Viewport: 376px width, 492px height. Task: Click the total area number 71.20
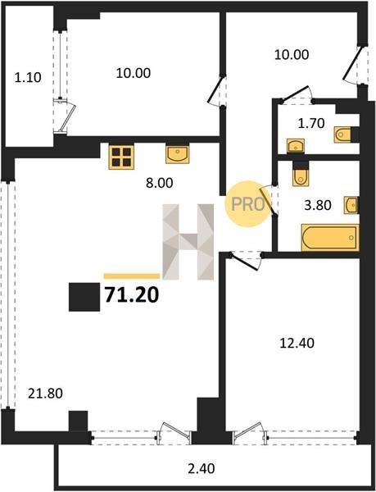point(132,295)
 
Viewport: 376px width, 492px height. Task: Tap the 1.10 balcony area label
point(28,78)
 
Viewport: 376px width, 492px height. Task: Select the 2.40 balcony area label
point(202,468)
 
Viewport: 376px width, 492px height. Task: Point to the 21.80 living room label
point(45,393)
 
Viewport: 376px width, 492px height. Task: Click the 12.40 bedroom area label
point(297,343)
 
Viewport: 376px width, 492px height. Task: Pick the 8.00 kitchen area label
point(160,183)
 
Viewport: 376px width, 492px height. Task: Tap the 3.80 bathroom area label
point(318,205)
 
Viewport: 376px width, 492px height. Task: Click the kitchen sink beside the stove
point(178,154)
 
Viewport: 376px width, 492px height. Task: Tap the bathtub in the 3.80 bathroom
point(330,238)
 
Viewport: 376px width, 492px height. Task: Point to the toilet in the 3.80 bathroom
point(301,176)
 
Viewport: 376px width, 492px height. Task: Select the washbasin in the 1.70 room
point(296,146)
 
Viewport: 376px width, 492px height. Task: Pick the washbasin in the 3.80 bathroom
point(351,205)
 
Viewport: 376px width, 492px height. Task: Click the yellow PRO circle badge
point(248,204)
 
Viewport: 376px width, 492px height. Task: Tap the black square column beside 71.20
point(84,297)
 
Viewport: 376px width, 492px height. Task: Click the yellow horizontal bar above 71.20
point(132,276)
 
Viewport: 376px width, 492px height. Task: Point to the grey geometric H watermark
point(188,242)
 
